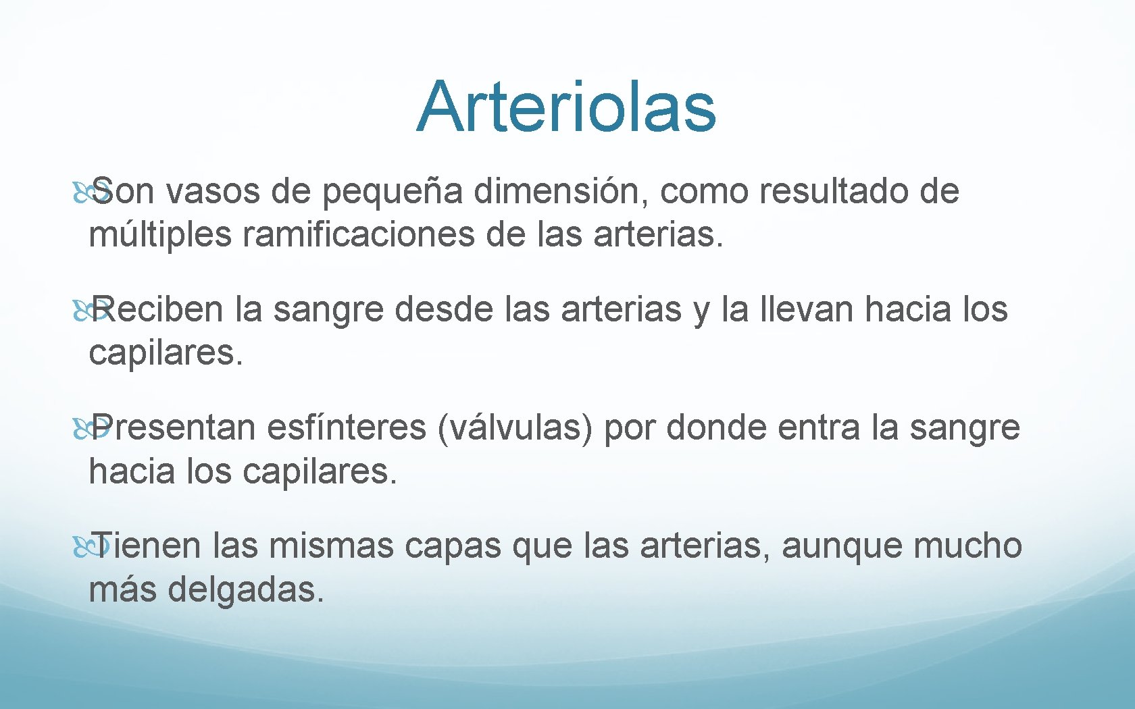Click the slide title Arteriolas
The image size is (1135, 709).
point(566,107)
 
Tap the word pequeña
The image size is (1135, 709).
point(392,192)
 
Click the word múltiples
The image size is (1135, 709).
point(160,236)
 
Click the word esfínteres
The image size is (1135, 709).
point(346,427)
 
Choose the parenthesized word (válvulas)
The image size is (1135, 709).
point(515,428)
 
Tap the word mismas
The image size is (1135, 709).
point(331,546)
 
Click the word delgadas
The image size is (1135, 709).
point(246,589)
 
